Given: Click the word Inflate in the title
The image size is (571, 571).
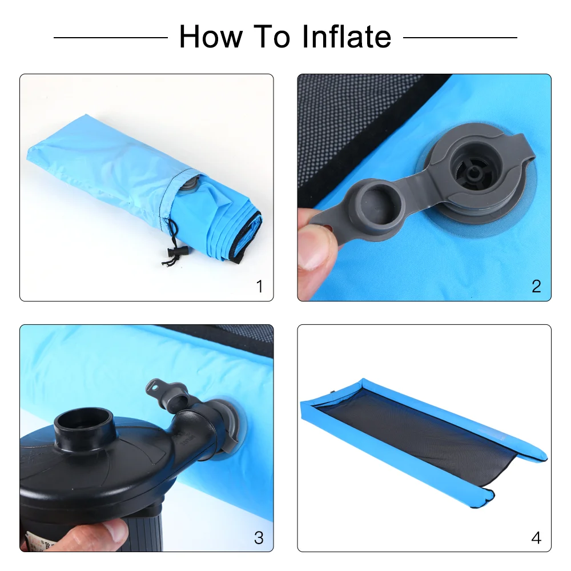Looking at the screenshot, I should (x=346, y=37).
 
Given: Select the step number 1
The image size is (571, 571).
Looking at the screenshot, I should (x=260, y=286).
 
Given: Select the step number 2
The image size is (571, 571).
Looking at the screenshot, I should (x=536, y=286).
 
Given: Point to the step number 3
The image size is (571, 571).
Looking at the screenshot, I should (x=259, y=537).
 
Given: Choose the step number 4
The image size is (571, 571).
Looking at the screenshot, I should (x=536, y=537).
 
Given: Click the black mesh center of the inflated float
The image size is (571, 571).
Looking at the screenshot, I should (x=423, y=434).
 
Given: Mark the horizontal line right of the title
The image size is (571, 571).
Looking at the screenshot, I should (x=460, y=38).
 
